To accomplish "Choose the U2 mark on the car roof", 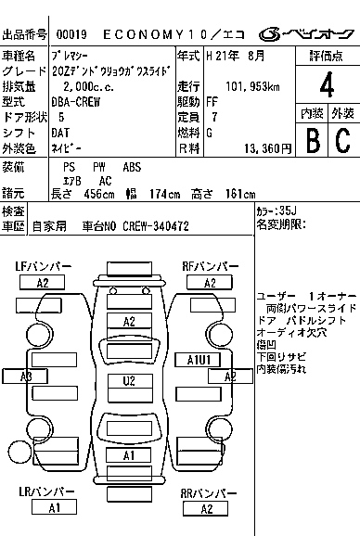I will point(130,380).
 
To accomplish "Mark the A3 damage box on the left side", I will point(26,376).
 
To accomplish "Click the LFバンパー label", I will point(43,266).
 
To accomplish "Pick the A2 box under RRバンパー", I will point(206,508).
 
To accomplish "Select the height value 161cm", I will point(240,195).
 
